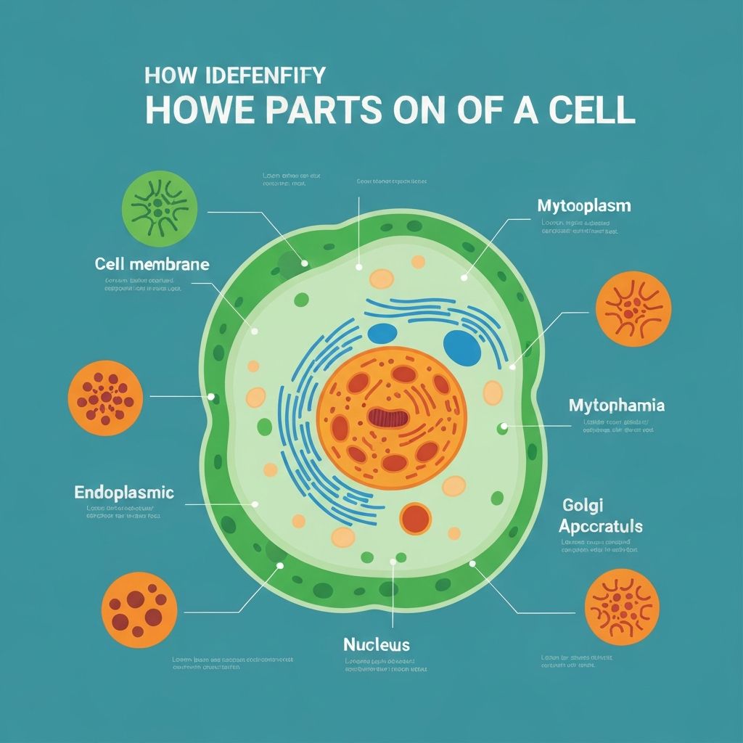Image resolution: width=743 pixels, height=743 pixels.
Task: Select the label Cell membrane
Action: pyautogui.click(x=152, y=264)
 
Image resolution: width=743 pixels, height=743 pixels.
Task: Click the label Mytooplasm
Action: pyautogui.click(x=584, y=206)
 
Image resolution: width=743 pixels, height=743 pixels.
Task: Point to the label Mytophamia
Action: pyautogui.click(x=617, y=406)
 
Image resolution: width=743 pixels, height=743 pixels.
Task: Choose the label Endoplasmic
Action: pyautogui.click(x=124, y=493)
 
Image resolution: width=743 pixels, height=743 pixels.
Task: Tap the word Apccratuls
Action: pyautogui.click(x=602, y=526)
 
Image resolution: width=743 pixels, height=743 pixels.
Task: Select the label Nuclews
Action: pyautogui.click(x=376, y=644)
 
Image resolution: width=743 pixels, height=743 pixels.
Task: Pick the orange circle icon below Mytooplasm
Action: pyautogui.click(x=633, y=308)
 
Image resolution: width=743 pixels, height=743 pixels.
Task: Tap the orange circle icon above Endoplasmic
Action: pyautogui.click(x=106, y=398)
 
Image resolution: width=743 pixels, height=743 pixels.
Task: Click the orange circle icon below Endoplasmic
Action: pyautogui.click(x=139, y=609)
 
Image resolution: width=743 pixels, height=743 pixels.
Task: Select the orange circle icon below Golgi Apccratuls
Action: pyautogui.click(x=622, y=607)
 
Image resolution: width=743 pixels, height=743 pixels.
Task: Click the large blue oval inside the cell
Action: pyautogui.click(x=462, y=348)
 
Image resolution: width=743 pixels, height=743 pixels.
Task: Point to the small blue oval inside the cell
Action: pyautogui.click(x=382, y=333)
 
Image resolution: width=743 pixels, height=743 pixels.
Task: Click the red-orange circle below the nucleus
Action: pyautogui.click(x=416, y=518)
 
